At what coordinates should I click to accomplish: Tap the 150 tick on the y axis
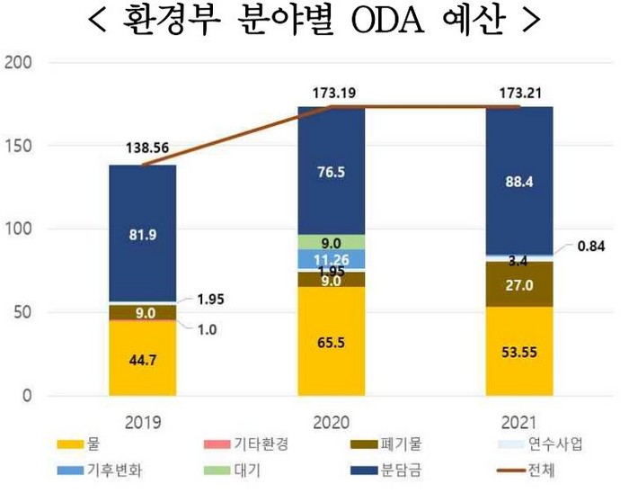(18, 146)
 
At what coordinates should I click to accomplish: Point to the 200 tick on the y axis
(18, 62)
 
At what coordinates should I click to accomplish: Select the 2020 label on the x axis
(332, 423)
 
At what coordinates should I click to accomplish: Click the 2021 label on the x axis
(518, 423)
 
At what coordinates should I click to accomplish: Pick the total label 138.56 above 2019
(147, 148)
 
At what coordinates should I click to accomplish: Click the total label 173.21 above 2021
(520, 94)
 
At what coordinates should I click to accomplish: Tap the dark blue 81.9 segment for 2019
(143, 233)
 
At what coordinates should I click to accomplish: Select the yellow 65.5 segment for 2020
(332, 341)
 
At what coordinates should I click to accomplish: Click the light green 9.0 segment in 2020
(332, 242)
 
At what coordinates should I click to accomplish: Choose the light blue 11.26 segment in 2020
(332, 259)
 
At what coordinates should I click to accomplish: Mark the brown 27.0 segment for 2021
(519, 284)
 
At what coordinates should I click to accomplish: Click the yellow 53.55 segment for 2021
(519, 351)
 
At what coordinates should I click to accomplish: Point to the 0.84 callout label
(591, 246)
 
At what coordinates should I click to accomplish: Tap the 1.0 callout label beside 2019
(207, 330)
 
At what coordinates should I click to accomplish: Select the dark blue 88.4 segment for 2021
(519, 181)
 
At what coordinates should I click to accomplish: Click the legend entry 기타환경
(246, 444)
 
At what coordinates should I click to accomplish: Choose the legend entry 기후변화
(100, 471)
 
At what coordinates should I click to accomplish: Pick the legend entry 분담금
(385, 471)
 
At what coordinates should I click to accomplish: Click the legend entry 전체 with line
(527, 471)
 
